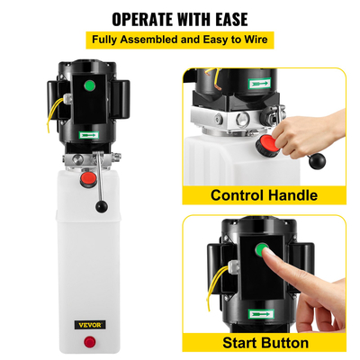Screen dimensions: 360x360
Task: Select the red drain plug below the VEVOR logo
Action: pyautogui.click(x=92, y=341)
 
